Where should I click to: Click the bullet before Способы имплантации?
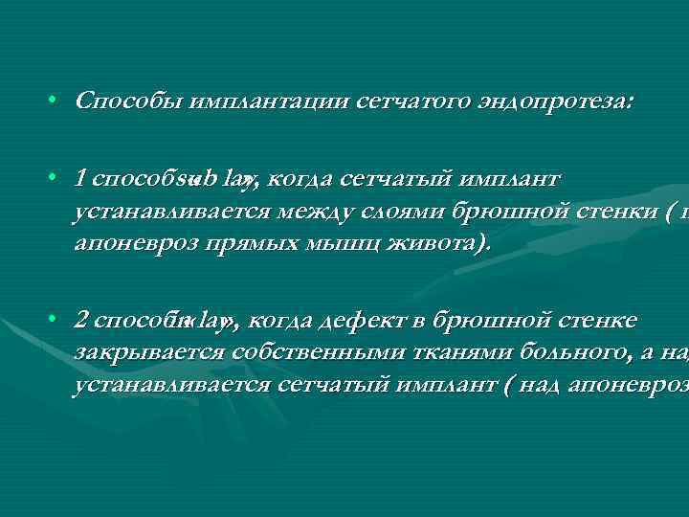[57, 101]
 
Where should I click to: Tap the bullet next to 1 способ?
[57, 178]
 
